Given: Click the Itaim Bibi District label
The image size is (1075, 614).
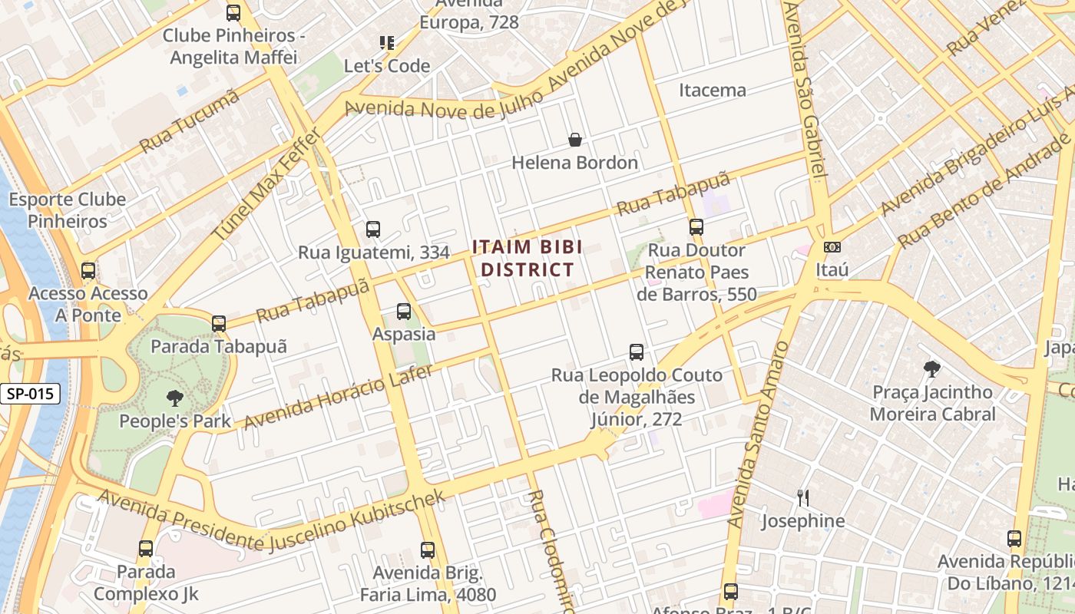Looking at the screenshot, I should pos(527,258).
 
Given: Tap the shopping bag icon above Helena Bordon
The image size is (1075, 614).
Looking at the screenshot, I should pos(574,140).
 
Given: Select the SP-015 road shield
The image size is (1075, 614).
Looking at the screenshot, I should pos(30,394).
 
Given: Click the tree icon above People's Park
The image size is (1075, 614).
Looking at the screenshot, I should pos(175,398).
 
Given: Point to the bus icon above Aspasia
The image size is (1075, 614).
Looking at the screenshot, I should pos(404,312).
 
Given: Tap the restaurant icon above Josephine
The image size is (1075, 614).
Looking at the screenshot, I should pos(802,498).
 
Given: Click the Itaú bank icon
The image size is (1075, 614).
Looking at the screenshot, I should pos(832,247).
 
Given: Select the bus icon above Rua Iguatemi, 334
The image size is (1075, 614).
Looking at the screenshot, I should pos(373,229).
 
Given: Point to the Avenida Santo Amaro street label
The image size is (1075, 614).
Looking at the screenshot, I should pos(758,435).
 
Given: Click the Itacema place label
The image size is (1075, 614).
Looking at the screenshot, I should pos(712,90).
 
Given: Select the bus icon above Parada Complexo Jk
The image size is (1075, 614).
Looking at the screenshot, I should pos(146,549).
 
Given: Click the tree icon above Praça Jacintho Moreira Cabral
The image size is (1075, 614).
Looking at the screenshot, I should pos(932,369).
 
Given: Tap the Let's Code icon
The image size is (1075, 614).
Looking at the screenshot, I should pos(387,43).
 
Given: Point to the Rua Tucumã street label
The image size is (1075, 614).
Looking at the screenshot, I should pos(190,122).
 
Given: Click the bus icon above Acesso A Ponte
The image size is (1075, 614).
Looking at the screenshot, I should pos(88,270).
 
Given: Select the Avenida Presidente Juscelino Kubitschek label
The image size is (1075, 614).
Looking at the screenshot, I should pos(271,519).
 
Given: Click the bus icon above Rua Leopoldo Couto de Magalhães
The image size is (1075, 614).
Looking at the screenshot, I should pos(637,352).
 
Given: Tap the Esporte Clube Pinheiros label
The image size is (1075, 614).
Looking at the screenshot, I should pos(68,210).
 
